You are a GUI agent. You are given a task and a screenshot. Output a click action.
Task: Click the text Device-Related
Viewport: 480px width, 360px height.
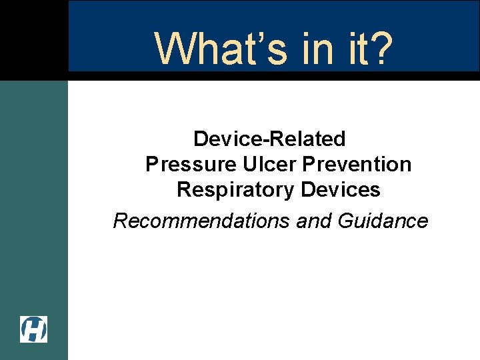269,139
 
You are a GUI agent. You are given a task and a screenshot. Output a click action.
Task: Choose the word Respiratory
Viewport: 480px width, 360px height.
236,190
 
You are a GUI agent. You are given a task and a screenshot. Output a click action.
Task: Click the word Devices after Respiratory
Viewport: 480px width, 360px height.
340,190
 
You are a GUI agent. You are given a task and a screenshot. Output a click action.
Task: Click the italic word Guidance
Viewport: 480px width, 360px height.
383,221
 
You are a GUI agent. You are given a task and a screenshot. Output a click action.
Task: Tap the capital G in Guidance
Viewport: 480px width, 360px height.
345,221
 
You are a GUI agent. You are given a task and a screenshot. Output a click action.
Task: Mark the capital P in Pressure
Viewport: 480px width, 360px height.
151,164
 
